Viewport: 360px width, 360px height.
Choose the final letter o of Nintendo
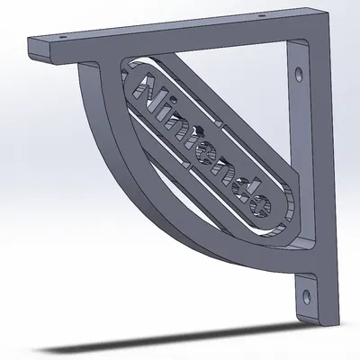(x=259, y=205)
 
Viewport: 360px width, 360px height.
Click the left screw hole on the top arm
(x=62, y=38)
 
